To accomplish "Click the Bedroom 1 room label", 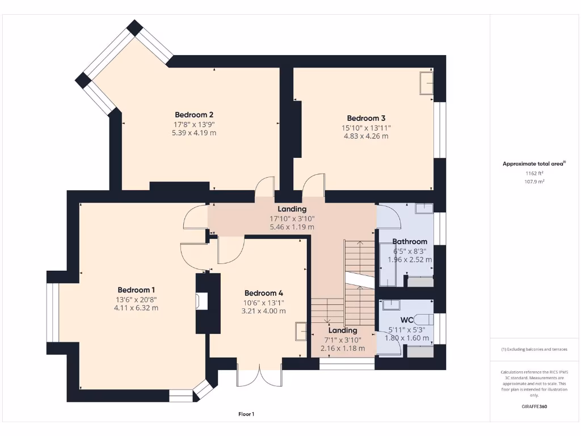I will [x=136, y=290].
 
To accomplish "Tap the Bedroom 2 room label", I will [x=194, y=115].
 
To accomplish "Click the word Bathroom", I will [x=410, y=241].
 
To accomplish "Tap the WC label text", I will [x=408, y=320].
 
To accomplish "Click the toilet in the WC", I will [x=424, y=320].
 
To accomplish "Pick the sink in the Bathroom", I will [x=423, y=209].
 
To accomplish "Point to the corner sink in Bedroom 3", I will [x=426, y=83].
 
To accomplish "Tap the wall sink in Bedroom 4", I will [x=301, y=331].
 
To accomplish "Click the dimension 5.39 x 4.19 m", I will [x=194, y=133].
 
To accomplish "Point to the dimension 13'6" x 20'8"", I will [x=136, y=299].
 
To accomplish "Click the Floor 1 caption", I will [x=246, y=414].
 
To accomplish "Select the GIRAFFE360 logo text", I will [x=534, y=406].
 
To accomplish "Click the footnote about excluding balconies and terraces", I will [x=534, y=349].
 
